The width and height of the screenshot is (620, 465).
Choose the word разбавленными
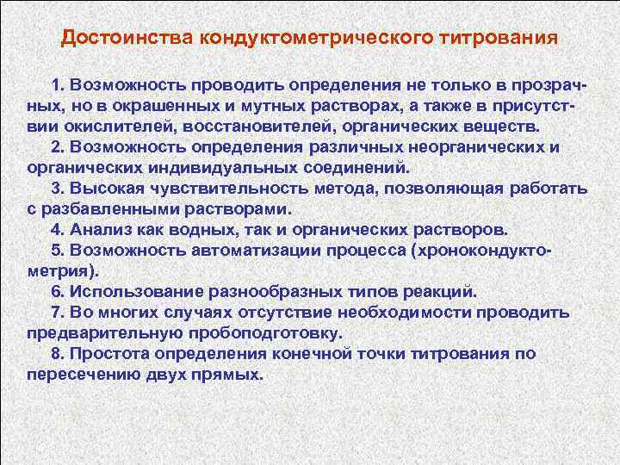tap(94, 209)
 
